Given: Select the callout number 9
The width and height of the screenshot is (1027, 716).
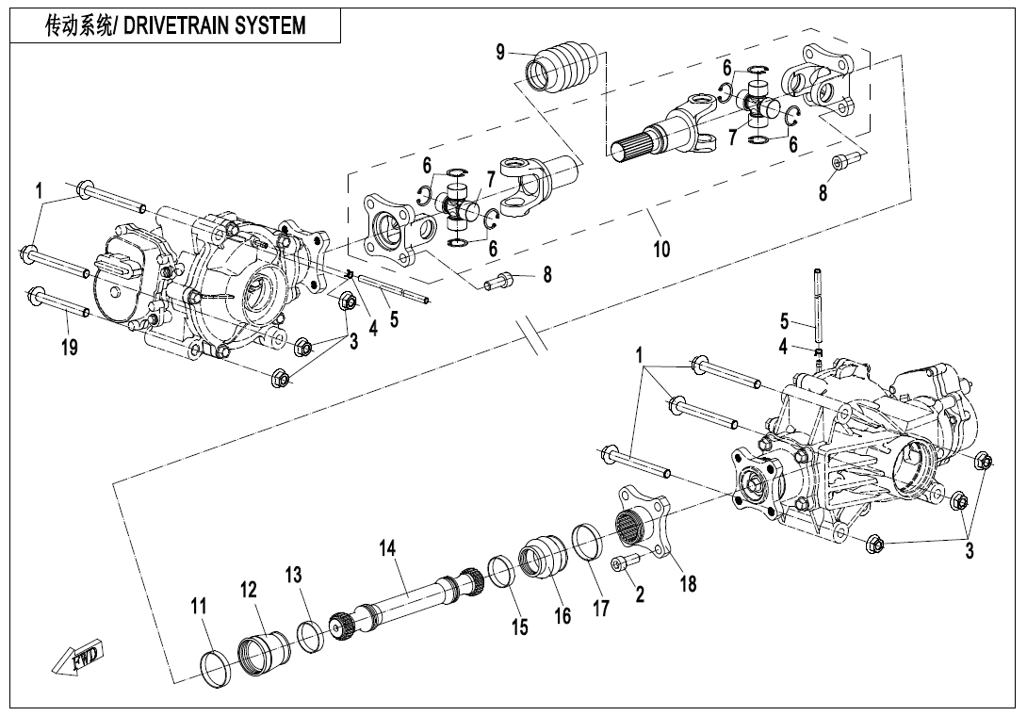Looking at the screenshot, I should coord(501,53).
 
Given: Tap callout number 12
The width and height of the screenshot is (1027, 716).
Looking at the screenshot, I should coord(249,590).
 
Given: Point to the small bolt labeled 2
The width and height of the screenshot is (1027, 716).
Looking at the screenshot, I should coord(624,562).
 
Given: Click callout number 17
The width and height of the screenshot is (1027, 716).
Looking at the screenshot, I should coord(600,608).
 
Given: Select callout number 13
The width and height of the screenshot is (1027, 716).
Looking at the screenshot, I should coord(295,574).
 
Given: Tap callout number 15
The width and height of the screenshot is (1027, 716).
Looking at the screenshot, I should coord(520,626).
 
